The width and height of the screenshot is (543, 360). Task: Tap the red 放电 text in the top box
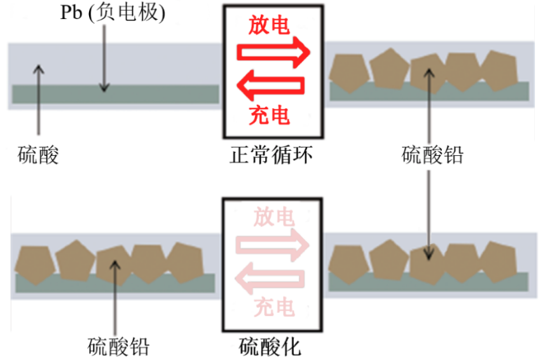pyautogui.click(x=270, y=25)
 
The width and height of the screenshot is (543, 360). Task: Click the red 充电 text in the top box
pyautogui.click(x=270, y=115)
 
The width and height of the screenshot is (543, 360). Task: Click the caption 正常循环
pyautogui.click(x=271, y=155)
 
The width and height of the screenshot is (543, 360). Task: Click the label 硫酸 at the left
pyautogui.click(x=38, y=155)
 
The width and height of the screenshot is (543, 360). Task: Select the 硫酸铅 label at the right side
pyautogui.click(x=433, y=155)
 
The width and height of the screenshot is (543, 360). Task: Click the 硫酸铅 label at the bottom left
pyautogui.click(x=119, y=347)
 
